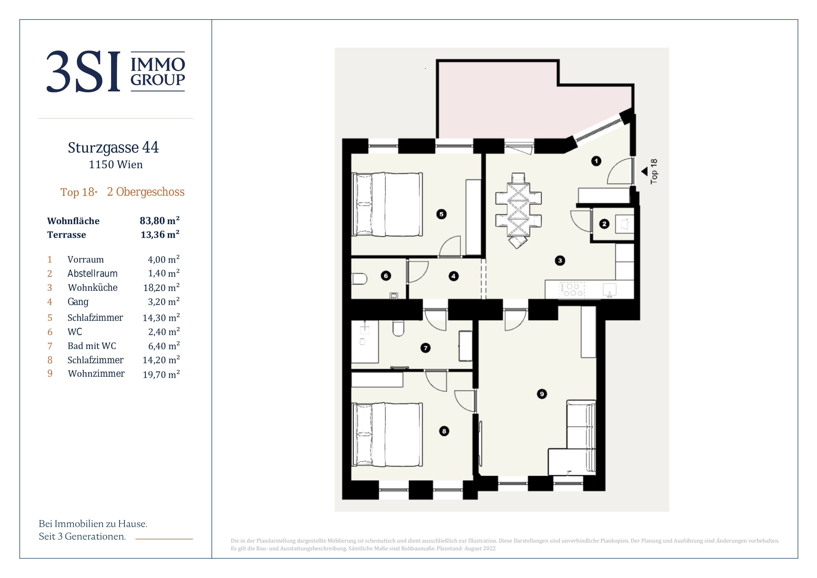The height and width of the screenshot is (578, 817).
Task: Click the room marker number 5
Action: point(441,214)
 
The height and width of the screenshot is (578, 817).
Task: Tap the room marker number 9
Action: point(542,394)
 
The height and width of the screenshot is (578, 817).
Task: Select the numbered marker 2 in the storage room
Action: point(604,224)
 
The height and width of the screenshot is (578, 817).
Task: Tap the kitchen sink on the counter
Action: point(609,290)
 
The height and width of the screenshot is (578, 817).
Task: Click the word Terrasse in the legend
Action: point(67,235)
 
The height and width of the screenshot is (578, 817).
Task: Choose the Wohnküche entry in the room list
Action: point(92,287)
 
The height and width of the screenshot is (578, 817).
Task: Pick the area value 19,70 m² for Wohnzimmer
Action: point(161,374)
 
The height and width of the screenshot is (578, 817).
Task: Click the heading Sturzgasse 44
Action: point(113,148)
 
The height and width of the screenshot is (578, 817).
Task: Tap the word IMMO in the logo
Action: point(158,65)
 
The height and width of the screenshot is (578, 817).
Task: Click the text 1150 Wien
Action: point(116,165)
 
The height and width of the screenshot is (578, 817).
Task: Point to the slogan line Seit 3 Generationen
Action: point(82,536)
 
